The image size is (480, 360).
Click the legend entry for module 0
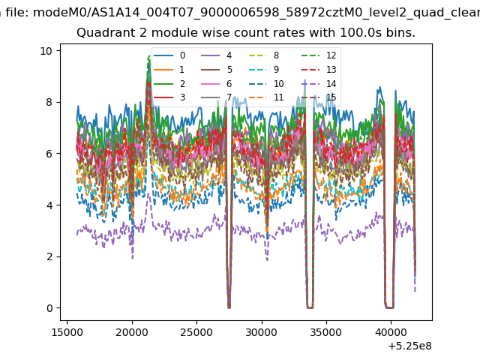pyautogui.click(x=169, y=55)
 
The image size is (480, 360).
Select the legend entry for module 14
pyautogui.click(x=319, y=83)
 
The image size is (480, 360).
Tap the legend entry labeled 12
pyautogui.click(x=319, y=55)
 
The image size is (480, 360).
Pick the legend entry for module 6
pyautogui.click(x=217, y=83)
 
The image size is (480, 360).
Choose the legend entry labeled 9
pyautogui.click(x=264, y=70)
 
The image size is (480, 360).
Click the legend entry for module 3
pyautogui.click(x=169, y=97)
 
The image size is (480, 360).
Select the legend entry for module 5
pyautogui.click(x=217, y=70)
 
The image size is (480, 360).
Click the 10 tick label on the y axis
pyautogui.click(x=46, y=51)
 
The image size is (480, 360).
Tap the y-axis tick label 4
pyautogui.click(x=49, y=205)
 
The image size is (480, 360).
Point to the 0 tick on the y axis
pyautogui.click(x=49, y=308)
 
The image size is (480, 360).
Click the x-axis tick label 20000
pyautogui.click(x=132, y=332)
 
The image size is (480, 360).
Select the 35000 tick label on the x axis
pyautogui.click(x=325, y=332)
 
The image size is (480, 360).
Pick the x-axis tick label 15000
pyautogui.click(x=67, y=332)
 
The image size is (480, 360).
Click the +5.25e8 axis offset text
pyautogui.click(x=409, y=346)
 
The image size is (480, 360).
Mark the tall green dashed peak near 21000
pyautogui.click(x=149, y=56)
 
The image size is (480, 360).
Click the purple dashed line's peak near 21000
pyautogui.click(x=148, y=193)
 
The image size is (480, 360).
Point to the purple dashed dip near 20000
pyautogui.click(x=133, y=258)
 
